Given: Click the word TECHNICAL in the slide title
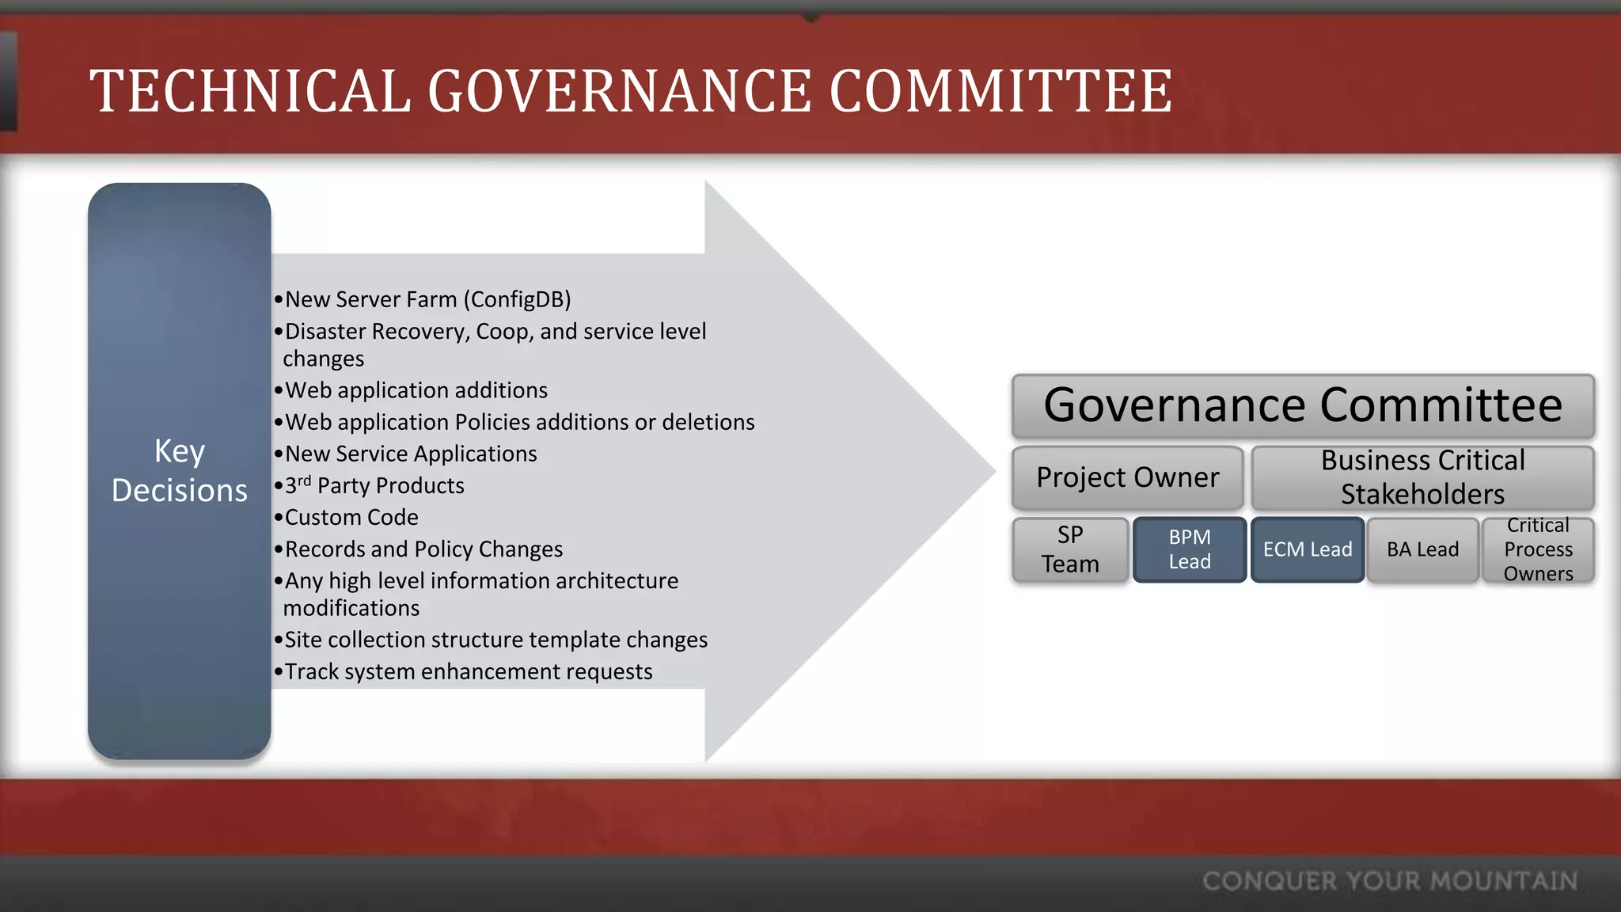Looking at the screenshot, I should click(250, 91).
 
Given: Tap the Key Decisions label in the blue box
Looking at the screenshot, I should click(180, 470).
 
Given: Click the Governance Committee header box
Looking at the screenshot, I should click(1303, 406).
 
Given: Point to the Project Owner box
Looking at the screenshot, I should click(1128, 477).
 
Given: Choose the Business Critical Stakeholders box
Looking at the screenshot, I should click(1422, 477).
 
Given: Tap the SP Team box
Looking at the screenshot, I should click(1070, 549).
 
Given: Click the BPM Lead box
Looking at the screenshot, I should click(1190, 549).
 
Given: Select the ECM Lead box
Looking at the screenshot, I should click(1308, 549).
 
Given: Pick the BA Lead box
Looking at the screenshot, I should click(1422, 549).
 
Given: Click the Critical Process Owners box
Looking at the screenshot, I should click(1538, 549).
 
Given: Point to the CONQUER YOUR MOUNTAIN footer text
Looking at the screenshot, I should click(1390, 881).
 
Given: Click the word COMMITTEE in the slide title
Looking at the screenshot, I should click(1000, 91).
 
